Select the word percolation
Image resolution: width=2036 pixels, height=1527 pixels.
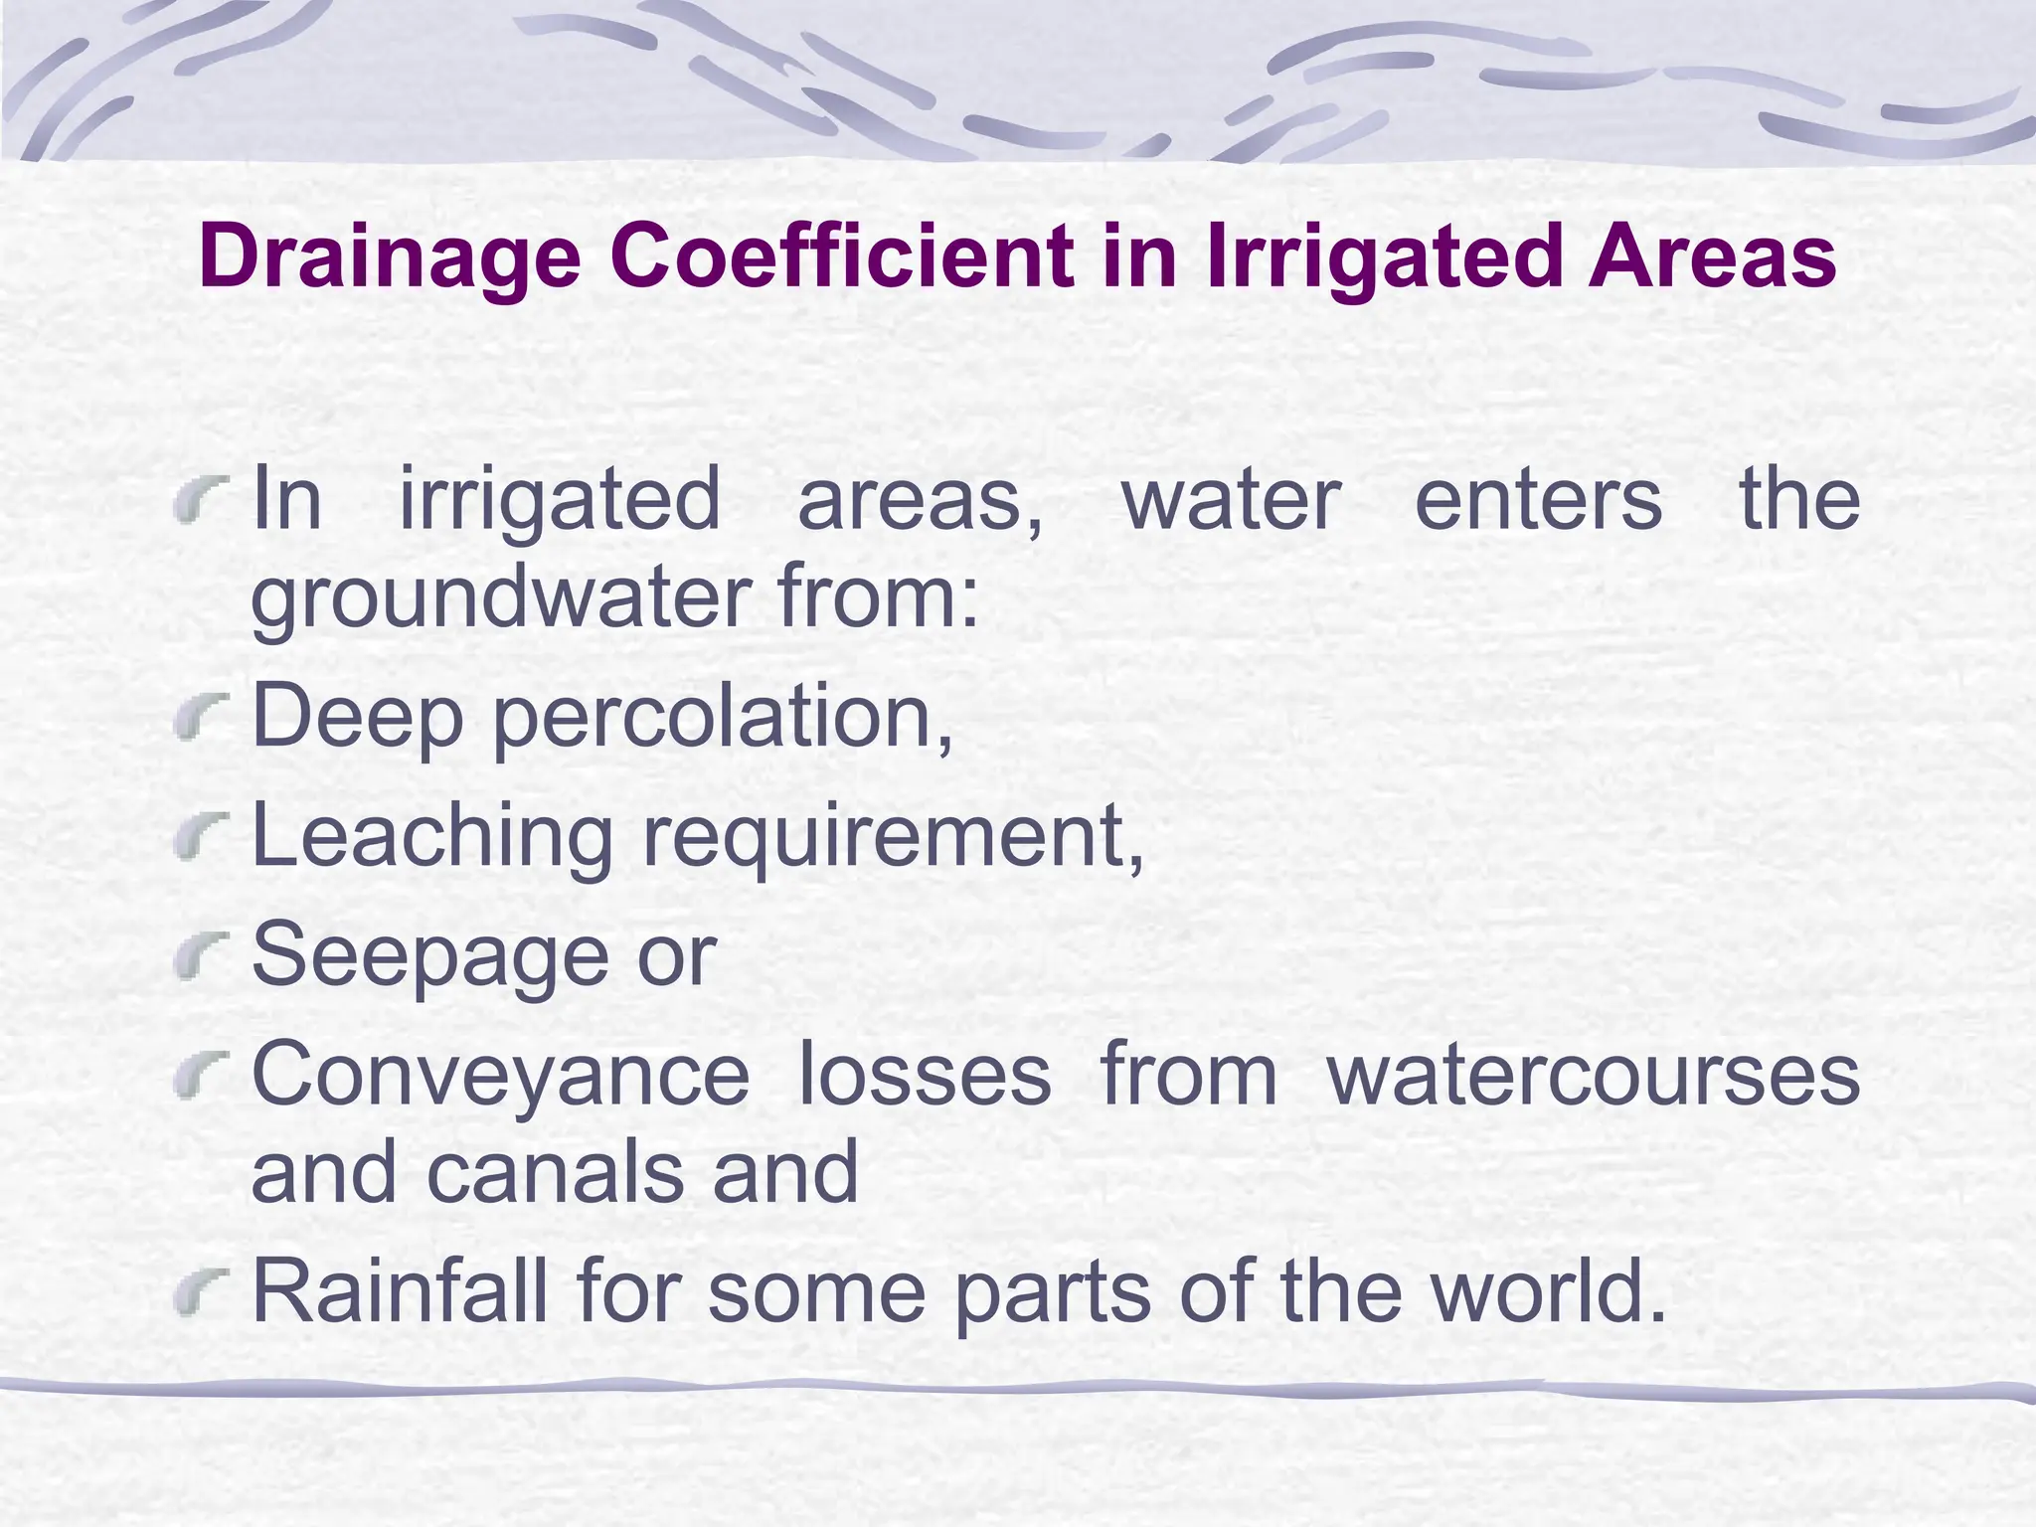coord(722,718)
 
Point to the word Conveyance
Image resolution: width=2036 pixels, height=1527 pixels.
coord(500,1076)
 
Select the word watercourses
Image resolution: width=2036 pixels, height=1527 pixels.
coord(1593,1076)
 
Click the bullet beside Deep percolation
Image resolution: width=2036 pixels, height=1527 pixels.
coord(201,720)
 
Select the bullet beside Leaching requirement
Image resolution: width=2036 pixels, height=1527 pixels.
coord(201,839)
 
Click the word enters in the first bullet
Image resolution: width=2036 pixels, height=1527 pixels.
coord(1538,500)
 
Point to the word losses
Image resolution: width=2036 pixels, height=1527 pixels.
coord(925,1076)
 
